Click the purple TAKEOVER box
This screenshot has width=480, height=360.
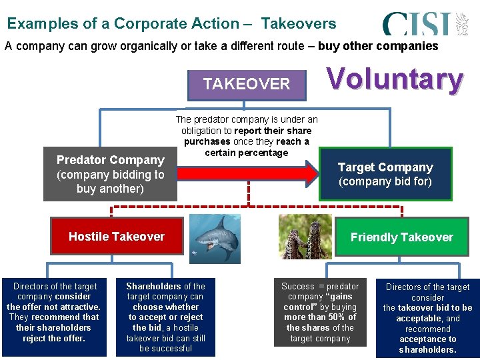click(x=247, y=84)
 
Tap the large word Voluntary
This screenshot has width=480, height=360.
click(x=395, y=79)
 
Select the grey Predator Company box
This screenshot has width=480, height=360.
click(x=110, y=174)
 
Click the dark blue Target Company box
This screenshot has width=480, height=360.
click(x=385, y=174)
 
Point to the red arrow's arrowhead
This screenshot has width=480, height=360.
click(x=310, y=173)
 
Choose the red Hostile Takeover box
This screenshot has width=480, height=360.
click(x=117, y=237)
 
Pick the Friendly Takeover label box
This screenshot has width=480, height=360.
click(x=401, y=237)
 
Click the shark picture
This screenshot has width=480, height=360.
click(x=214, y=238)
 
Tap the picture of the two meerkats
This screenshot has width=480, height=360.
click(x=305, y=237)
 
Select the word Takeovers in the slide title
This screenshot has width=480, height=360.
click(x=299, y=23)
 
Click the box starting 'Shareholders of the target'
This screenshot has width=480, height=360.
click(x=165, y=317)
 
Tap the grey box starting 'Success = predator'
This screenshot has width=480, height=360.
click(x=320, y=313)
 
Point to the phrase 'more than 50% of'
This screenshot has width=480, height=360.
click(x=320, y=317)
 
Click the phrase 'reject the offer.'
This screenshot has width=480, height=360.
click(x=53, y=338)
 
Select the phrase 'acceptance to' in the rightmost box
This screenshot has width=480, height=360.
click(x=427, y=339)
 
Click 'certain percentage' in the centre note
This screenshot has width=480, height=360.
click(x=247, y=153)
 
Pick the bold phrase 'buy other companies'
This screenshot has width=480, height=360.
click(x=378, y=46)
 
